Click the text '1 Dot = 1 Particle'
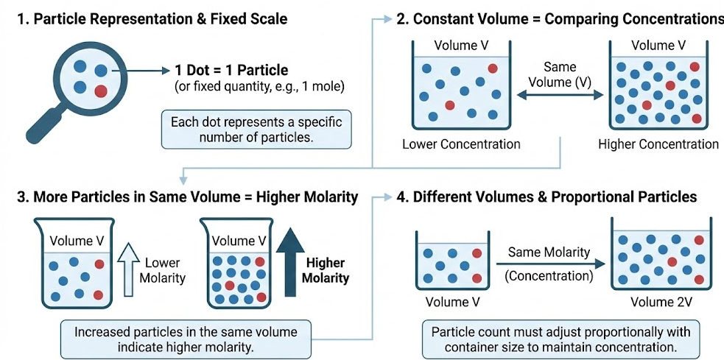click(x=231, y=71)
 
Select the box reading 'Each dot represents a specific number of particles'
click(x=256, y=130)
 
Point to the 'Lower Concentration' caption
click(x=461, y=144)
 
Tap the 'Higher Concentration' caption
click(x=658, y=144)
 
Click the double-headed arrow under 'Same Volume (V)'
click(x=559, y=95)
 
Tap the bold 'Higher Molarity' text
click(x=326, y=271)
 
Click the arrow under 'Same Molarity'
click(x=548, y=264)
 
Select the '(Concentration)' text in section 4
click(x=549, y=276)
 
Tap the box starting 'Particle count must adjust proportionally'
click(x=560, y=339)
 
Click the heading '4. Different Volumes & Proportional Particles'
click(x=546, y=197)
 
